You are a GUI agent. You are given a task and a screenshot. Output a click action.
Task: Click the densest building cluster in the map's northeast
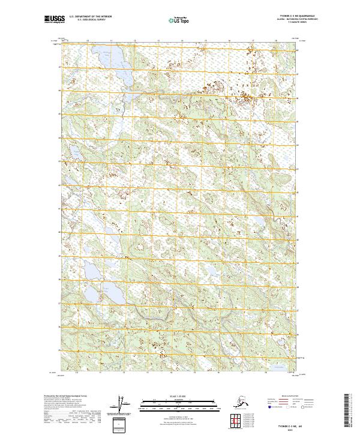click(x=245, y=97)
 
